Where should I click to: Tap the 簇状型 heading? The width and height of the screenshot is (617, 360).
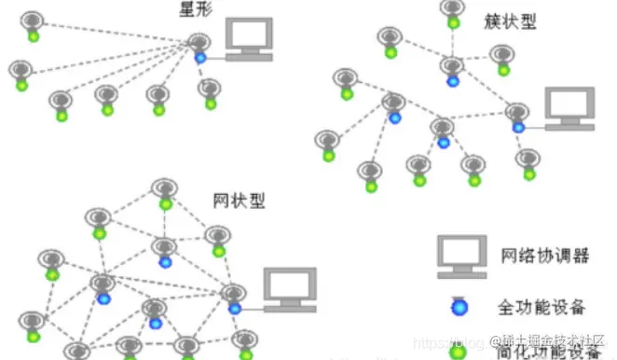tap(511, 21)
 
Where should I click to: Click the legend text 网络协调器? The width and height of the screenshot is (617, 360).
tap(545, 256)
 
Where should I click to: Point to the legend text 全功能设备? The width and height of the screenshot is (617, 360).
tap(545, 305)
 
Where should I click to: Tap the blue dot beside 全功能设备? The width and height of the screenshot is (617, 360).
tap(458, 306)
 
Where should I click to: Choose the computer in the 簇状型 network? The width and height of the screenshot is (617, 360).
tap(569, 110)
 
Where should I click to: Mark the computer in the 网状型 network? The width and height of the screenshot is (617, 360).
tap(288, 290)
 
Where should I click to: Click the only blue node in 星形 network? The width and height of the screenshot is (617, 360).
tap(200, 58)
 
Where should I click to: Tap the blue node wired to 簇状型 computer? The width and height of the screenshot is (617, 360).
tap(518, 126)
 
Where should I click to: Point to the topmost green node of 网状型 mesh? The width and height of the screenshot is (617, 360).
tap(166, 202)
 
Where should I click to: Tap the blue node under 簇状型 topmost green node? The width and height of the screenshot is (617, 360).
tap(453, 81)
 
